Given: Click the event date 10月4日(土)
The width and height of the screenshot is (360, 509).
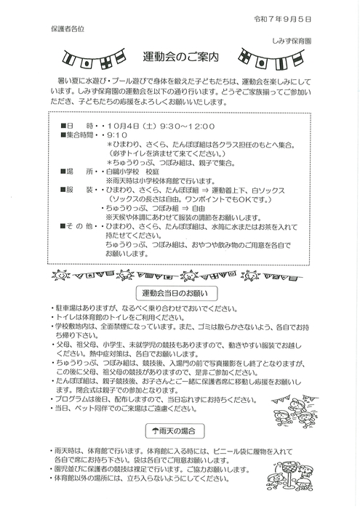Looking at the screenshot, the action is click(133, 125).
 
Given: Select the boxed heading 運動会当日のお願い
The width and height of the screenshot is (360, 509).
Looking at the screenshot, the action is click(175, 293).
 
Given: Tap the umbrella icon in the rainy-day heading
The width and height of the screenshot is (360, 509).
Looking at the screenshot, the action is click(156, 430).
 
